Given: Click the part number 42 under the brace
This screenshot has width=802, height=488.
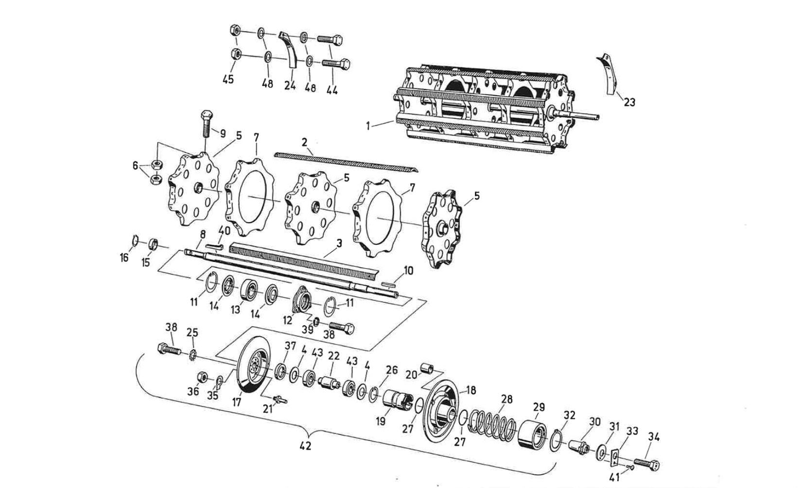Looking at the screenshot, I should pyautogui.click(x=306, y=446).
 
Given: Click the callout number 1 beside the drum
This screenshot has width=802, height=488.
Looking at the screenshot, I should pyautogui.click(x=368, y=126).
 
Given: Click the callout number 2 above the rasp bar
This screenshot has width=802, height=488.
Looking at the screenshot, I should pyautogui.click(x=304, y=142).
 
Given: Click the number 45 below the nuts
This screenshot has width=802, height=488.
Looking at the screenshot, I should pyautogui.click(x=228, y=79).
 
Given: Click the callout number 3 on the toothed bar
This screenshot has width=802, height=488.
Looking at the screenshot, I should pyautogui.click(x=339, y=243).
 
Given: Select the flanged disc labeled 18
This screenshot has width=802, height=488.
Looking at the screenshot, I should pyautogui.click(x=440, y=413).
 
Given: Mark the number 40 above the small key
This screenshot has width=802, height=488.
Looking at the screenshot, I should pyautogui.click(x=224, y=230).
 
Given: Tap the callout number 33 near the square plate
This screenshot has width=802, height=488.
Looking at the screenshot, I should pyautogui.click(x=632, y=431).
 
